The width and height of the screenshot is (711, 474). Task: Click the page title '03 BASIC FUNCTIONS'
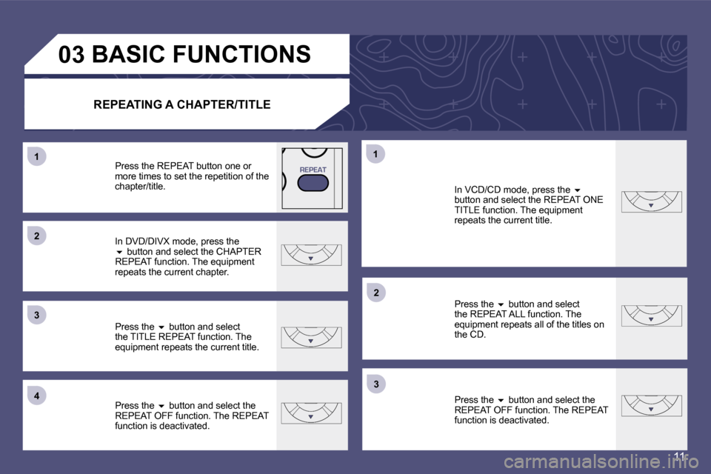[184, 54]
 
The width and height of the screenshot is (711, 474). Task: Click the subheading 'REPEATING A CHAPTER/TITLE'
[182, 104]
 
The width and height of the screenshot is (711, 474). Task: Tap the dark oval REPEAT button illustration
[313, 183]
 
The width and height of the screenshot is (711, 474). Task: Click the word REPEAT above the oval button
[313, 170]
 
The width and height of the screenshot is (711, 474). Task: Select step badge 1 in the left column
[37, 157]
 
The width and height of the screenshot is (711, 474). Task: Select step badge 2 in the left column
[37, 236]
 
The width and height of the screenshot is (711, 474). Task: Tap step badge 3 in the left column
[37, 315]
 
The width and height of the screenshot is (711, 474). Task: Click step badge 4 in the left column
[37, 395]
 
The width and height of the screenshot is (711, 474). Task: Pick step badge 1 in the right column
[375, 154]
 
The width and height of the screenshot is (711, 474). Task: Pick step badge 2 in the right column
[376, 293]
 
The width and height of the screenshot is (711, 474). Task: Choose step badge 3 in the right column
[376, 384]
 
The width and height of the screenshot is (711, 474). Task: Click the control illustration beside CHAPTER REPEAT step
[311, 255]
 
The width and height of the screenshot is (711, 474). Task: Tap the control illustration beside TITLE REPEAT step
[311, 338]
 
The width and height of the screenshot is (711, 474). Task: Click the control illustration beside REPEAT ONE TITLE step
[651, 202]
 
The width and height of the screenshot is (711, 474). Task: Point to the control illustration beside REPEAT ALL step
[651, 316]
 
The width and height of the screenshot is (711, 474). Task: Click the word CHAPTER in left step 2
[238, 252]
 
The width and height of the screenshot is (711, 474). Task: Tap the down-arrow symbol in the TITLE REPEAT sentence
[161, 327]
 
